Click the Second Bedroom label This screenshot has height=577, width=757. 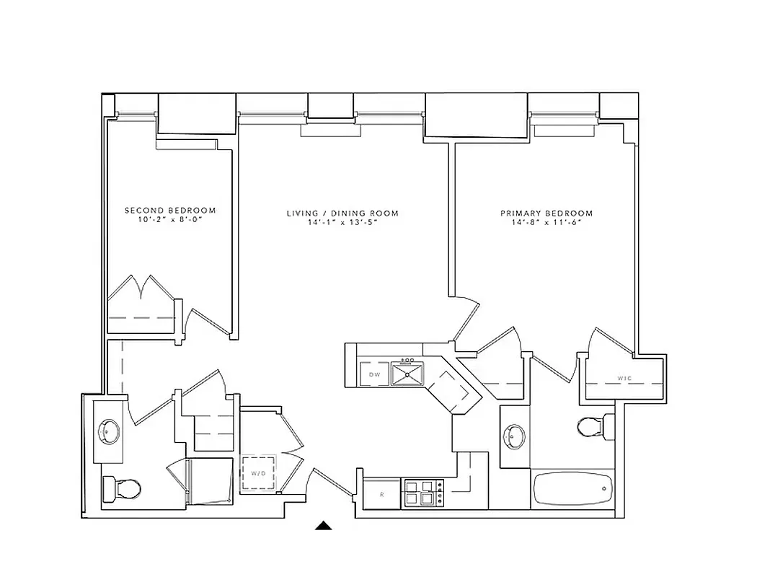click(x=170, y=211)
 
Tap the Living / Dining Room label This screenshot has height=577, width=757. click(x=342, y=213)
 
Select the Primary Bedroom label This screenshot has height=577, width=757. click(x=546, y=213)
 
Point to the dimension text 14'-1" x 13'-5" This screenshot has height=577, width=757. click(x=342, y=222)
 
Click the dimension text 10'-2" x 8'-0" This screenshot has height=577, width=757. click(x=170, y=219)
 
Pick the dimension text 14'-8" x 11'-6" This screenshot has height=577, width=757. click(x=546, y=222)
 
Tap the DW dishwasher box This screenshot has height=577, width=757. click(x=374, y=374)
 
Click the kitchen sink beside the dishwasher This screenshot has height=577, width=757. click(x=409, y=374)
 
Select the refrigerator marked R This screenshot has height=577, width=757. click(x=381, y=495)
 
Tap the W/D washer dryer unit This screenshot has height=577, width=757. click(x=257, y=473)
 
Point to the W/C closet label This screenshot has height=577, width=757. click(x=624, y=378)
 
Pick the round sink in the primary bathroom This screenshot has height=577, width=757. click(x=515, y=435)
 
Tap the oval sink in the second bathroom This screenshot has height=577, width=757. click(x=109, y=432)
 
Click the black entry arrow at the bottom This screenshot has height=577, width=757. click(x=324, y=526)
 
